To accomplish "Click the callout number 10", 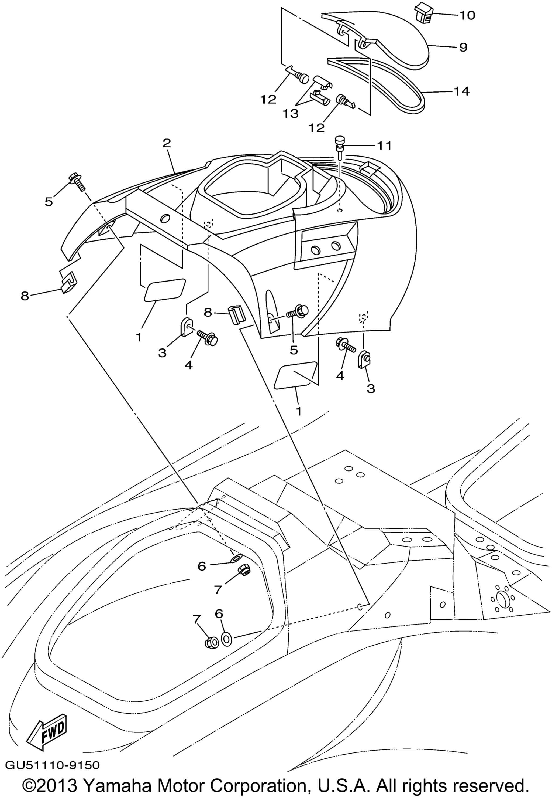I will click(x=467, y=16).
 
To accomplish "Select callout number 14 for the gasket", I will click(x=461, y=91).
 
